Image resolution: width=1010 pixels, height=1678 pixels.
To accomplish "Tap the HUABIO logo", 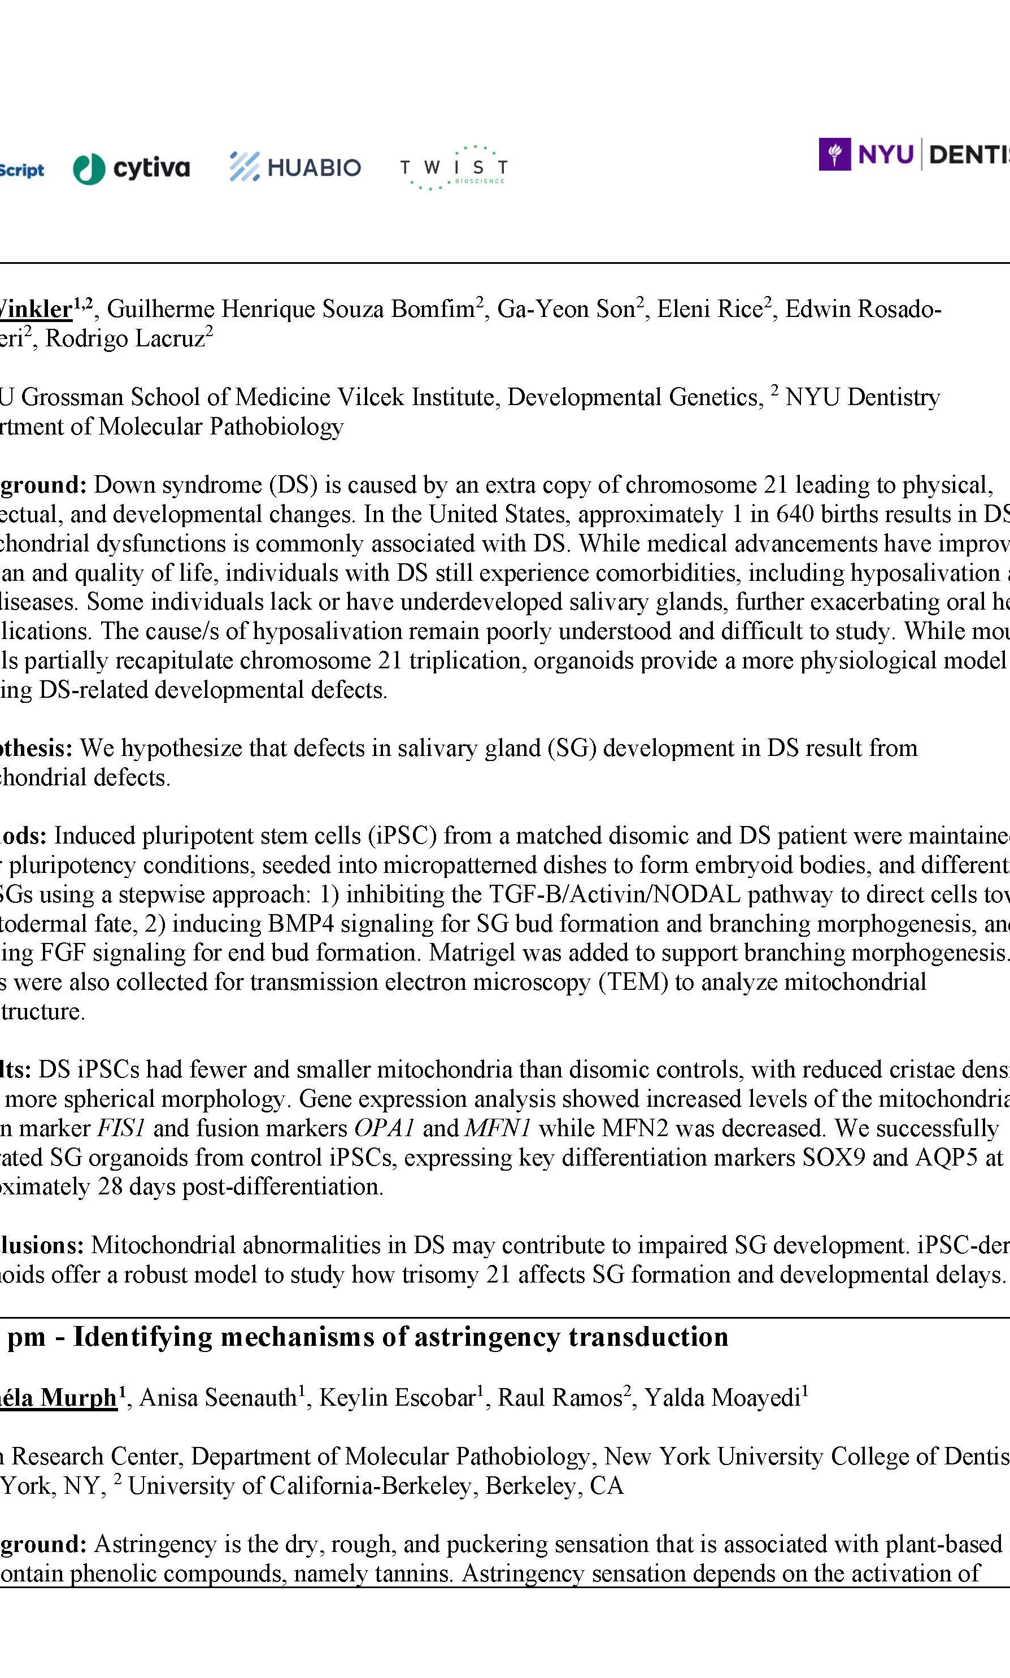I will tap(295, 167).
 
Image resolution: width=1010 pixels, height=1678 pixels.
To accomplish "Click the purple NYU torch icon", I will tap(834, 155).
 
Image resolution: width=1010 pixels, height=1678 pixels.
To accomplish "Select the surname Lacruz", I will tap(169, 339).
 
